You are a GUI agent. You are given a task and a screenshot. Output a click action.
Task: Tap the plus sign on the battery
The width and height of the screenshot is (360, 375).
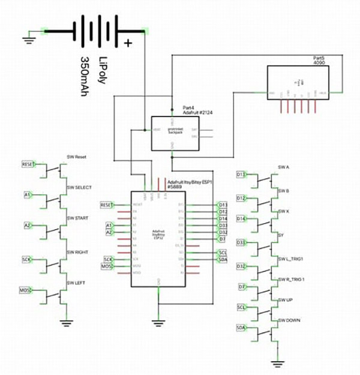click(127, 43)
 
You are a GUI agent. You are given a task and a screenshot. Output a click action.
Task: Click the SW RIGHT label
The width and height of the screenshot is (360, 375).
click(79, 253)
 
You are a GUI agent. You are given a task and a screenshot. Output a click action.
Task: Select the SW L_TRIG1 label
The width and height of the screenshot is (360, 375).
click(292, 259)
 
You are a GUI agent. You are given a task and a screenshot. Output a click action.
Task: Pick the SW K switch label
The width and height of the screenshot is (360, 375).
click(284, 212)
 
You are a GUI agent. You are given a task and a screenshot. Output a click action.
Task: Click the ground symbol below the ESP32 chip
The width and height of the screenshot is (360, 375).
click(158, 322)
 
